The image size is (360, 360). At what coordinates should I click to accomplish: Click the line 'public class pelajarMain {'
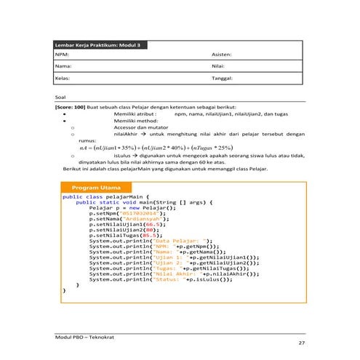pyautogui.click(x=106, y=196)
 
